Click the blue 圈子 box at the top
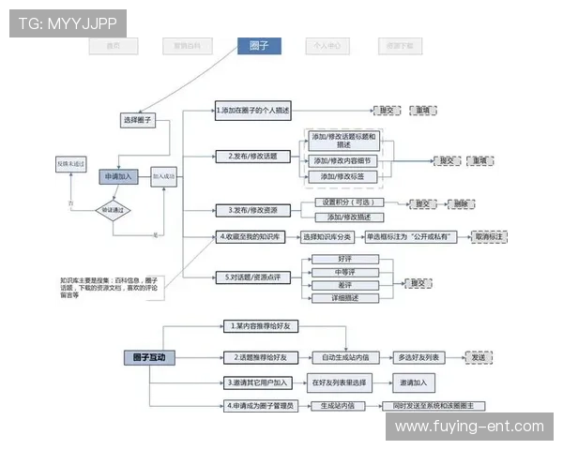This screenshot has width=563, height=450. [258, 45]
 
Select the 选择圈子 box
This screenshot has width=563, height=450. [138, 120]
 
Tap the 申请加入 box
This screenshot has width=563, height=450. [118, 175]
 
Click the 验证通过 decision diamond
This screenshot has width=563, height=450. [118, 210]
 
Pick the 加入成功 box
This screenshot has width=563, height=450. [164, 175]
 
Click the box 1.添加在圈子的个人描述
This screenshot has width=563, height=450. [253, 111]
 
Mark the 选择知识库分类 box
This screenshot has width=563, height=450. [329, 237]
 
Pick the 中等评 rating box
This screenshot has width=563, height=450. [344, 272]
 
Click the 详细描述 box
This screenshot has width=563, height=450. [344, 298]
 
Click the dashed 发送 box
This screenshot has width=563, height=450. [479, 357]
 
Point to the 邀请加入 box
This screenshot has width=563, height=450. [413, 382]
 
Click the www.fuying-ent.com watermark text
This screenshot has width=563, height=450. [469, 427]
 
